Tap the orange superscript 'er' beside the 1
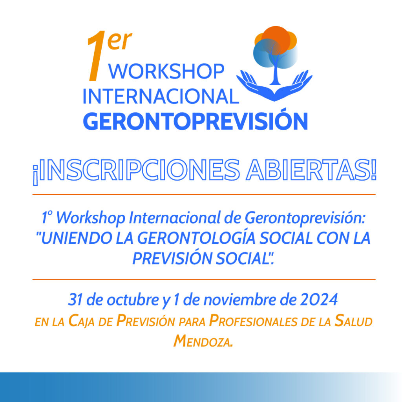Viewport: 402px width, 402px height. (x=120, y=40)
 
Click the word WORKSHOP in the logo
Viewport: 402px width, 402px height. (x=166, y=71)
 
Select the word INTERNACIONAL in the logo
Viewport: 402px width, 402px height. (x=161, y=96)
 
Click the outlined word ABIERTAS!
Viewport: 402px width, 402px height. (x=311, y=170)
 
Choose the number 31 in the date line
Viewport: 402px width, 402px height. (x=75, y=300)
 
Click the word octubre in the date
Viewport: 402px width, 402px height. (x=133, y=300)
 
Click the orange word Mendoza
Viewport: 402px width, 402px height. (x=203, y=341)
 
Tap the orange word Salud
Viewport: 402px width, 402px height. (x=354, y=321)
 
